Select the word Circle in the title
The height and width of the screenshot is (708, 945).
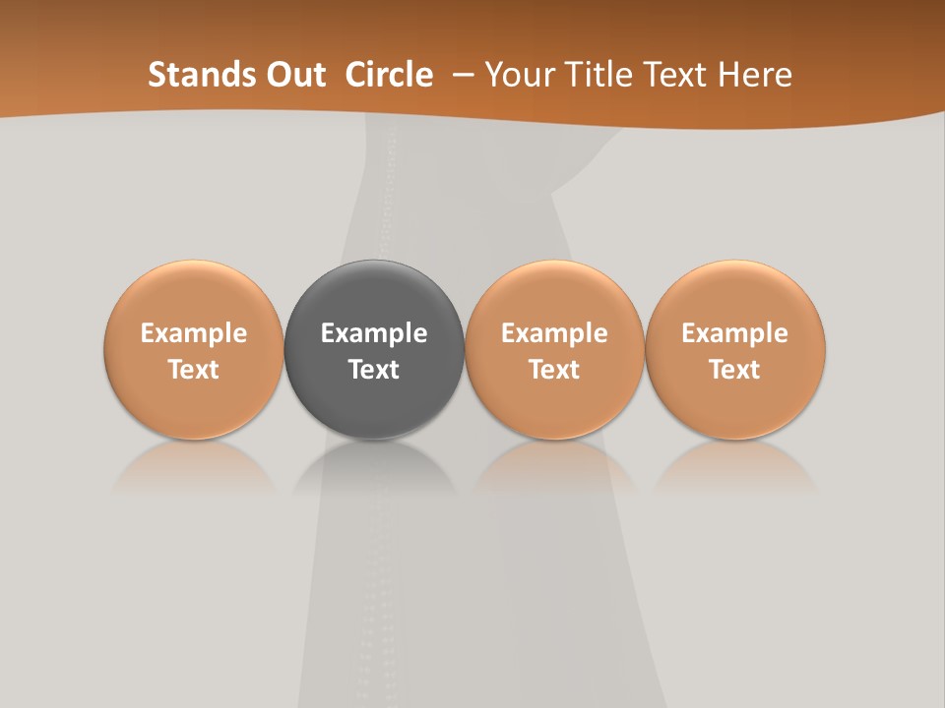[389, 75]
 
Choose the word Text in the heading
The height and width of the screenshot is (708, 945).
[681, 75]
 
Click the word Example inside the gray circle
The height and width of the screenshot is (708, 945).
[374, 333]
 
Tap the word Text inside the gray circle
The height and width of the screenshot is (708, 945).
[374, 370]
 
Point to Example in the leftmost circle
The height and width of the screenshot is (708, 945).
[194, 333]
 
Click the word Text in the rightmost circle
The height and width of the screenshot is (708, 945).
[735, 370]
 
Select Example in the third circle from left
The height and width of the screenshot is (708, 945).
[554, 333]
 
